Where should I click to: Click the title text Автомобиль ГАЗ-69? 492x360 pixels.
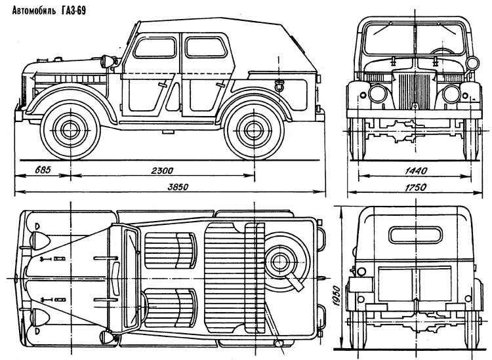click(x=49, y=11)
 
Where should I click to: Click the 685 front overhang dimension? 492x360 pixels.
click(x=43, y=170)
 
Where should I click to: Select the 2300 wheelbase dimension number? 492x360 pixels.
click(x=162, y=170)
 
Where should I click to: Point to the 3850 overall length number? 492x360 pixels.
click(x=178, y=187)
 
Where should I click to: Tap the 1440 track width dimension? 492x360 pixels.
click(x=416, y=170)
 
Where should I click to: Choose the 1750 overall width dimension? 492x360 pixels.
click(x=416, y=187)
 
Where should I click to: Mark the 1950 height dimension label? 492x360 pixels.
click(x=336, y=295)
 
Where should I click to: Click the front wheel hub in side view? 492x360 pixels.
click(x=71, y=129)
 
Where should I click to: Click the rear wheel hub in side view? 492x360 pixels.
click(x=253, y=130)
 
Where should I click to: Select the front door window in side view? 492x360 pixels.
click(x=155, y=47)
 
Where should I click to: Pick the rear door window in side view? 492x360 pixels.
click(x=205, y=47)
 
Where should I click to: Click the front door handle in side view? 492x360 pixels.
click(x=163, y=85)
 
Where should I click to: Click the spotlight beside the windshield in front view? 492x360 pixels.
click(x=472, y=64)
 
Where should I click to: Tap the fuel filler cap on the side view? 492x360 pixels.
click(x=278, y=85)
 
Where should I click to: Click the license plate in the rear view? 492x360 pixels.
click(x=361, y=285)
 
